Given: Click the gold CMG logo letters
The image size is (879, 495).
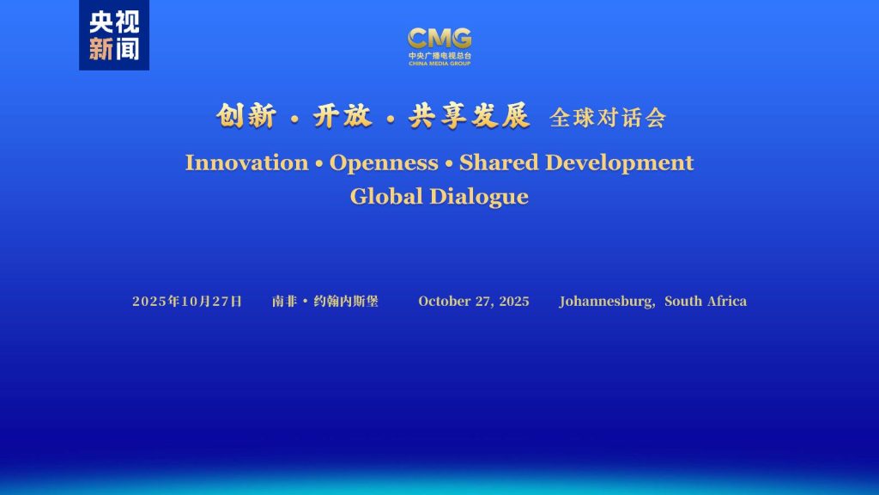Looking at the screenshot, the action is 439,39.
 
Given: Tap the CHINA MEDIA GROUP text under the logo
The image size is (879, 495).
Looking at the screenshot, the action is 439,64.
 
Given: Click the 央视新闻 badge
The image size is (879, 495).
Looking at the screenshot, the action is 114,34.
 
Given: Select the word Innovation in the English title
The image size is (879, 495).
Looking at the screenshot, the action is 246,162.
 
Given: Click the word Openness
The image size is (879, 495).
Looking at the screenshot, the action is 384,162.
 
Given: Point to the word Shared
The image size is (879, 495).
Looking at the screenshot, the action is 499,162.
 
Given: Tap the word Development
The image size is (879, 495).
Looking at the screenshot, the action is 620,162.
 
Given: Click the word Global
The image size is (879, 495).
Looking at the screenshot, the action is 386,197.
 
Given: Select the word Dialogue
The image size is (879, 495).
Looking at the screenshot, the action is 479,197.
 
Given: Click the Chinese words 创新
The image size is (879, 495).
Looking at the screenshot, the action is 246,116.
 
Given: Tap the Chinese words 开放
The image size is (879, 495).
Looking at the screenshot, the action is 342,116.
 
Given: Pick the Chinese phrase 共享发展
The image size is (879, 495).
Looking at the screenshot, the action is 470,116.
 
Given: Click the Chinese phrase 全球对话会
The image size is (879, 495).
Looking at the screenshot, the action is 608,118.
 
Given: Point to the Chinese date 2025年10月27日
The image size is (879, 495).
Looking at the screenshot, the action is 187,302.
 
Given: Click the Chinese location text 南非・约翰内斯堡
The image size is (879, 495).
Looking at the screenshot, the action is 325,302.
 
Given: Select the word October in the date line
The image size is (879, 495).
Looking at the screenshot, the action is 445,302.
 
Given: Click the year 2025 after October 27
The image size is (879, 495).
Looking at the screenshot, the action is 514,302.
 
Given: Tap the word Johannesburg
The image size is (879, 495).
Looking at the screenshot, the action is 607,302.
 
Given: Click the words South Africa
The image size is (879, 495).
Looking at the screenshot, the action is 706,302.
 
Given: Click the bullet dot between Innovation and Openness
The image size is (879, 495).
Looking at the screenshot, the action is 319,164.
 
